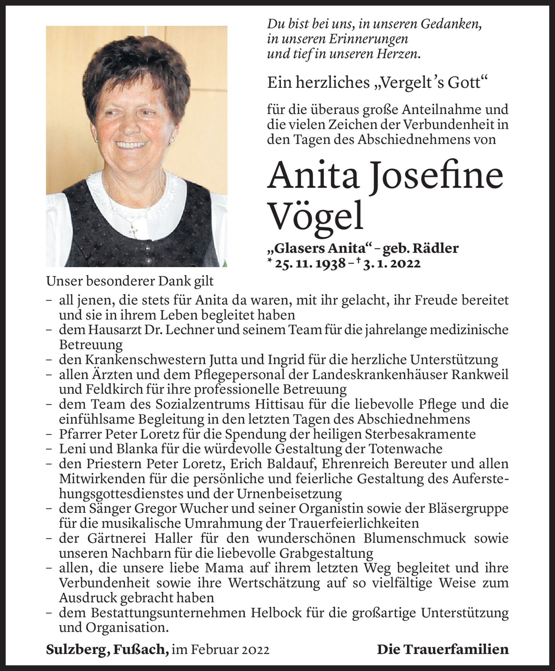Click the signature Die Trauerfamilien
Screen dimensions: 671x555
443,649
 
